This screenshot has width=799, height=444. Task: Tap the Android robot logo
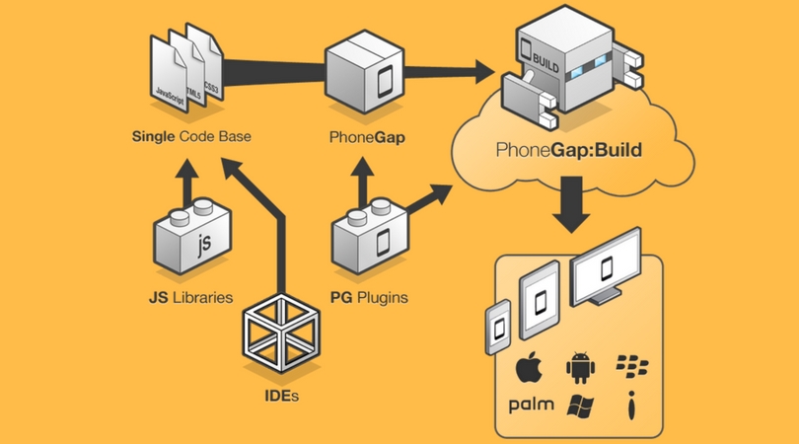[581, 368]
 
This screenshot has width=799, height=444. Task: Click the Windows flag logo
[581, 405]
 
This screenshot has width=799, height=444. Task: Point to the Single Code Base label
[190, 136]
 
